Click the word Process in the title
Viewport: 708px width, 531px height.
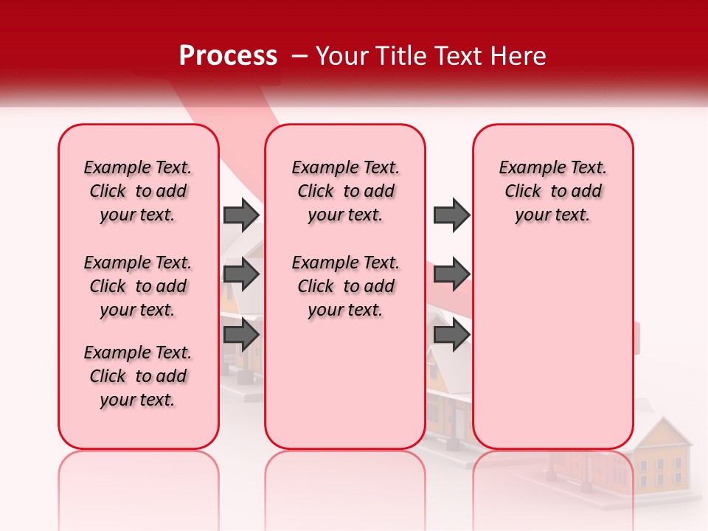coord(228,56)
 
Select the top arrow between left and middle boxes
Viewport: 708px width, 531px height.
coord(241,215)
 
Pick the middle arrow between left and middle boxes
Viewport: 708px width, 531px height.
coord(241,274)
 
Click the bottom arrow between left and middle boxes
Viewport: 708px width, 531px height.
coord(241,335)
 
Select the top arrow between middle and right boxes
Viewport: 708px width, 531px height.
coord(451,215)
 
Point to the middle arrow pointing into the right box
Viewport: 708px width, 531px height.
coord(451,274)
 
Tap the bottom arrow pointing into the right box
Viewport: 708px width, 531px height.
coord(451,335)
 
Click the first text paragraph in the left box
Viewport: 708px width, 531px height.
coord(138,191)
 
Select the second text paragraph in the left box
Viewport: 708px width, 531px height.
coord(138,286)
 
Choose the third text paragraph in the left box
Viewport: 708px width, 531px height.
coord(138,376)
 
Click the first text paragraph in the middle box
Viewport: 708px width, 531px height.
coord(345,191)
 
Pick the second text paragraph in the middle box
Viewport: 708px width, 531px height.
coord(345,286)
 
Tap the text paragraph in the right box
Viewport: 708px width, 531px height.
coord(552,191)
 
